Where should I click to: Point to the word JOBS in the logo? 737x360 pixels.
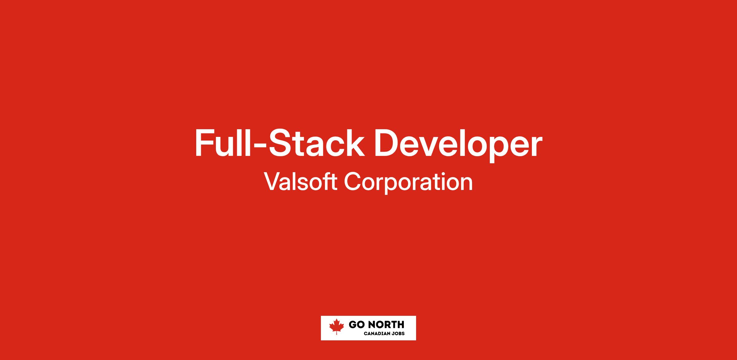pos(398,334)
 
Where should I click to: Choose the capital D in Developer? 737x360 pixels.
pos(387,144)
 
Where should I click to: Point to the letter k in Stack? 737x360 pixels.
pos(356,144)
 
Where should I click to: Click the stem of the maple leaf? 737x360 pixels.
pos(337,333)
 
